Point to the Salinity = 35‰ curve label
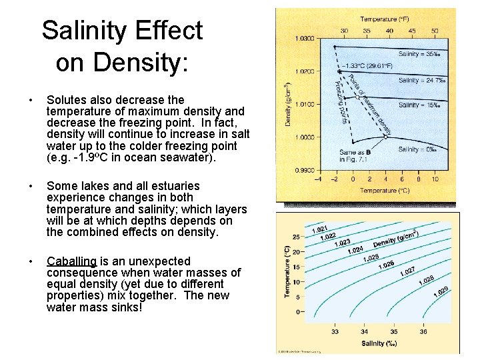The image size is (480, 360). click(418, 53)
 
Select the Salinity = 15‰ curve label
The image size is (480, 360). click(418, 105)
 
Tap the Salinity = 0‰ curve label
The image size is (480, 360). click(417, 149)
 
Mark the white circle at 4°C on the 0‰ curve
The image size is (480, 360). click(386, 137)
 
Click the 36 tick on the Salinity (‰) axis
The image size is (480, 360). click(423, 331)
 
